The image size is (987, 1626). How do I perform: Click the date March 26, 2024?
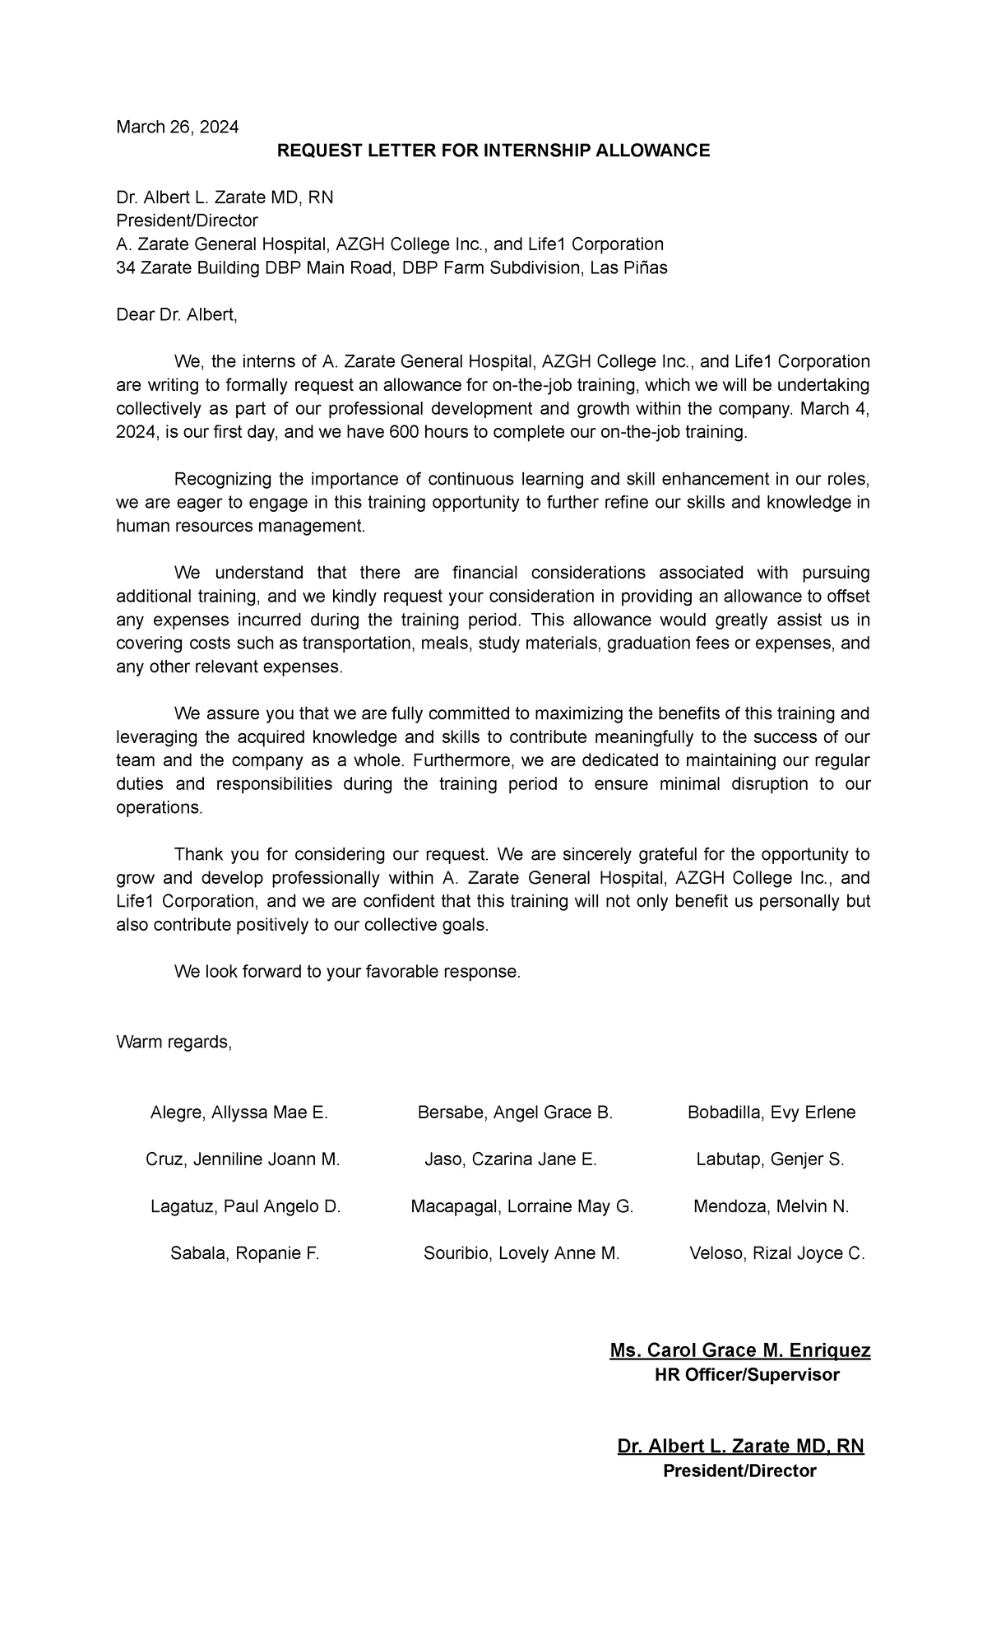click(177, 127)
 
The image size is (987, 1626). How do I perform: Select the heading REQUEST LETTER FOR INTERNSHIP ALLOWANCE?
click(493, 151)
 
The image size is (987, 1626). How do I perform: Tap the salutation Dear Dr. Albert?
click(176, 314)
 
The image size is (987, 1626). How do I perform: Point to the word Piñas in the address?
click(646, 267)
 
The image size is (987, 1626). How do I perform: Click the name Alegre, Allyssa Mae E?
click(239, 1113)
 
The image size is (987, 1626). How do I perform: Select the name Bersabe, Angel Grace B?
click(515, 1113)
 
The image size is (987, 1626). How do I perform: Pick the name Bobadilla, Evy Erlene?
click(771, 1113)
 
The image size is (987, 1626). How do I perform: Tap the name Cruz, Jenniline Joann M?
click(243, 1159)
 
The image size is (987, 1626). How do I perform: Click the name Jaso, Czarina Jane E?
click(510, 1159)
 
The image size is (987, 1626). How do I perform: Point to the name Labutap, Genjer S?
click(770, 1159)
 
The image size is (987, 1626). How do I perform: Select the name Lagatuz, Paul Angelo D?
click(245, 1206)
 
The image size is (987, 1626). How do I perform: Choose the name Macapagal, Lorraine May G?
click(521, 1206)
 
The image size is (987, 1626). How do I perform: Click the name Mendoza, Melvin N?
click(771, 1206)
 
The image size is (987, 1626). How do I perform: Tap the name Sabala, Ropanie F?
click(244, 1253)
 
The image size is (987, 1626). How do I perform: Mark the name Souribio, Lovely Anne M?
click(521, 1253)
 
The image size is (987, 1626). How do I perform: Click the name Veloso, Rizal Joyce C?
click(776, 1253)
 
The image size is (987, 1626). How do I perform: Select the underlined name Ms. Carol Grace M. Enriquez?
click(739, 1350)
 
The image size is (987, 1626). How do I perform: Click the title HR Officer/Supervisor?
click(746, 1374)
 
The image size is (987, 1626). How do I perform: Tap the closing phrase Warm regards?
click(174, 1042)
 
